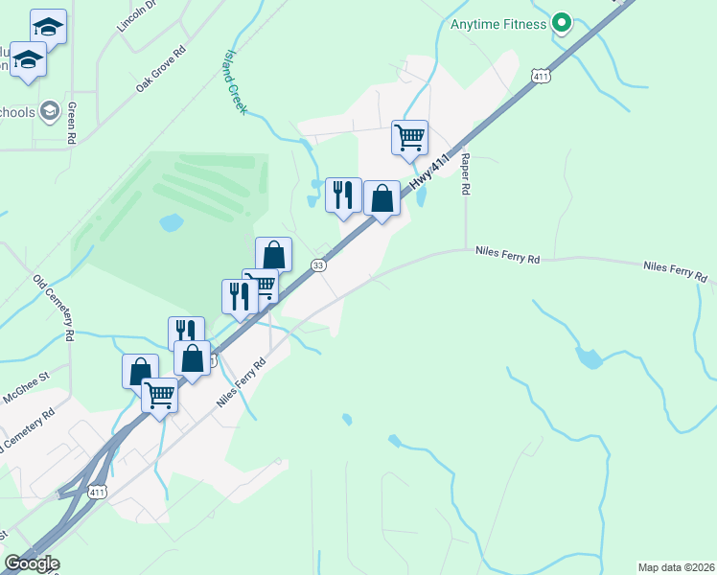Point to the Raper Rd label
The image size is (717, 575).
pyautogui.click(x=465, y=174)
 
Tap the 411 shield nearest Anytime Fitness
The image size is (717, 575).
pyautogui.click(x=542, y=76)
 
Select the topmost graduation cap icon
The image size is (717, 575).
pyautogui.click(x=48, y=26)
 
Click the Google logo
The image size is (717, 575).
pyautogui.click(x=32, y=563)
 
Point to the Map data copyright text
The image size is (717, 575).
pyautogui.click(x=677, y=566)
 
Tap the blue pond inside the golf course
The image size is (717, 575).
pyautogui.click(x=171, y=223)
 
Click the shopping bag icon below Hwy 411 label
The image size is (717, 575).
pyautogui.click(x=382, y=199)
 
